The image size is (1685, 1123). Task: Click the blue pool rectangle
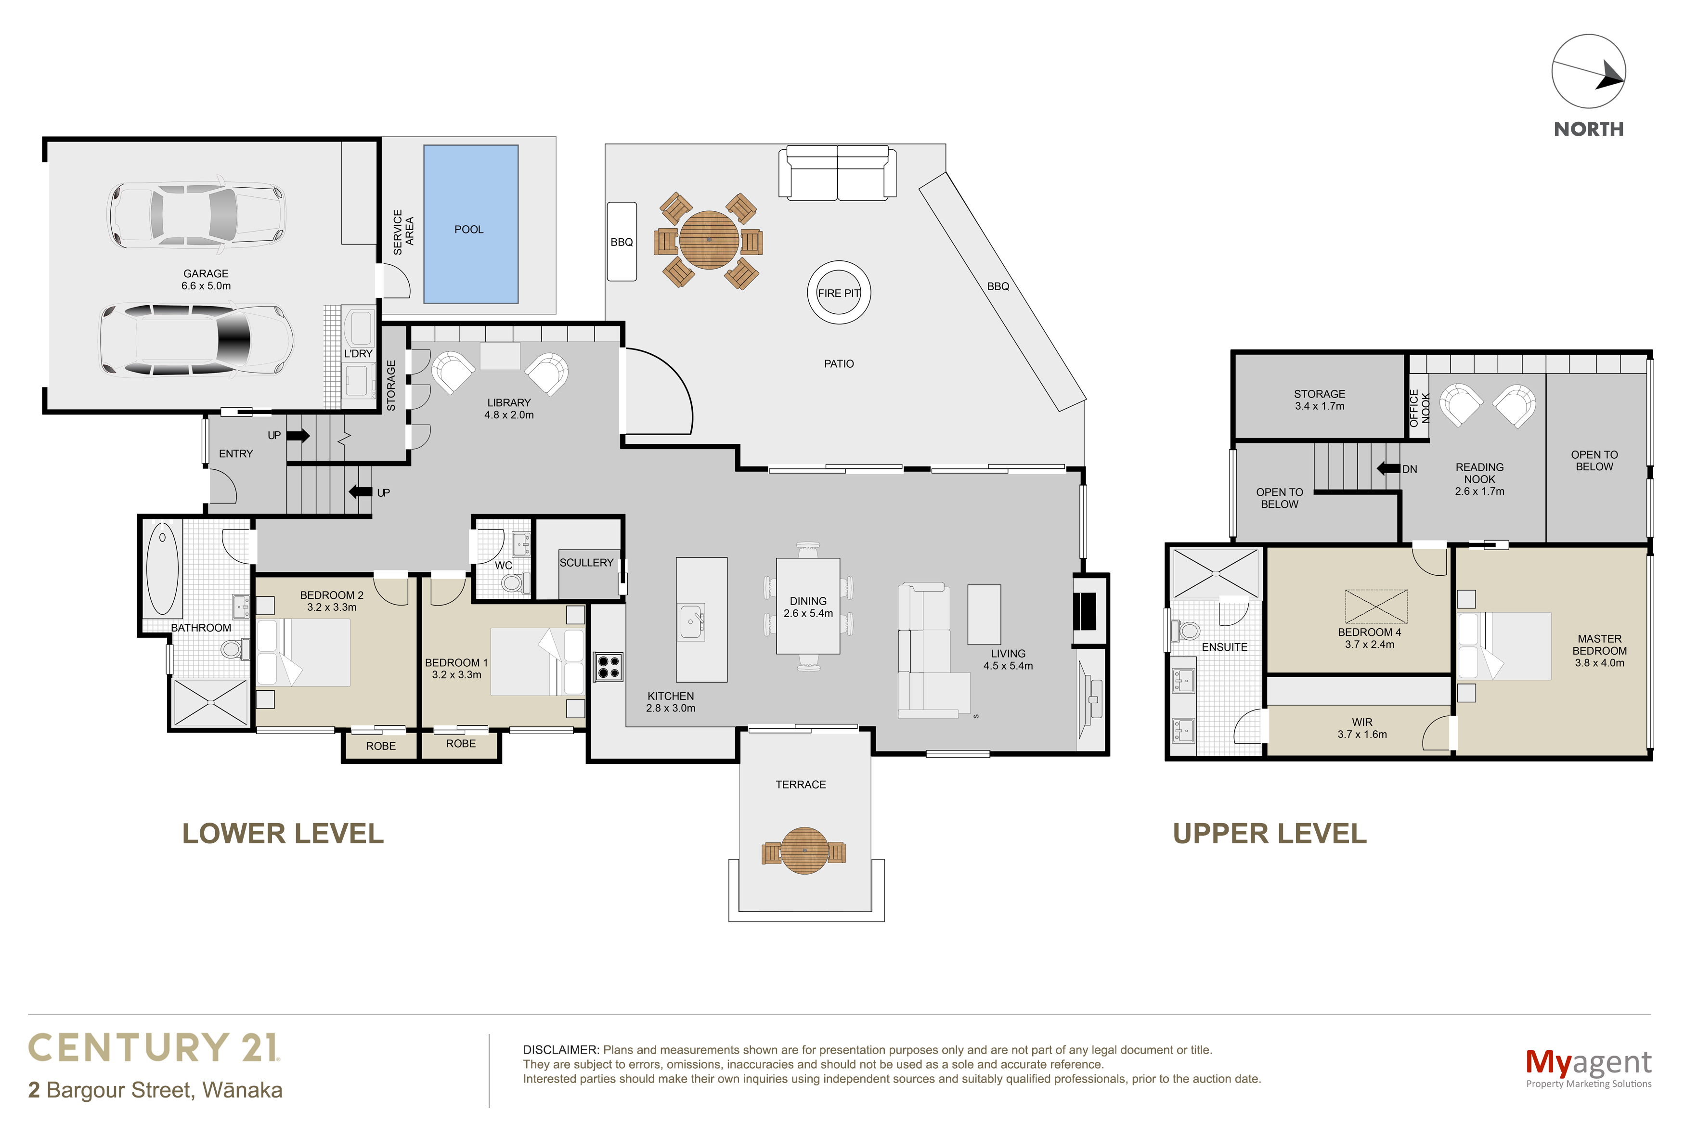pyautogui.click(x=470, y=224)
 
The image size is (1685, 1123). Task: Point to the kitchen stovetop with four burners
pyautogui.click(x=608, y=667)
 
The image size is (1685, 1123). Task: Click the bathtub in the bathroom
pyautogui.click(x=163, y=568)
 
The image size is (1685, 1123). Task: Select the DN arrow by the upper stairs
pyautogui.click(x=1388, y=468)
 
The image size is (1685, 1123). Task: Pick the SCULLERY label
pyautogui.click(x=586, y=563)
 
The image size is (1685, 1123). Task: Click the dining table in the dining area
pyautogui.click(x=808, y=606)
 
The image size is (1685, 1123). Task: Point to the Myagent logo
pyautogui.click(x=1588, y=1067)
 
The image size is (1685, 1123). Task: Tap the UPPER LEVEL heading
pyautogui.click(x=1270, y=834)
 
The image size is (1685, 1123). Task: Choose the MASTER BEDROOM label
pyautogui.click(x=1599, y=650)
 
